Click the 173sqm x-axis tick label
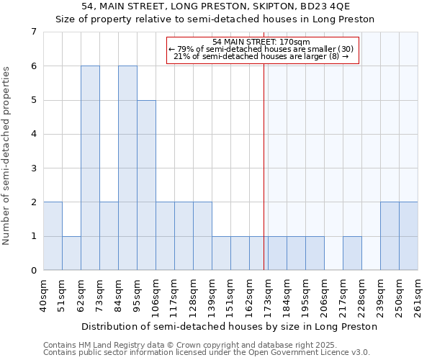[x=269, y=295]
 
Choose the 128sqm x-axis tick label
[x=194, y=295]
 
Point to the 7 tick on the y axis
[x=33, y=32]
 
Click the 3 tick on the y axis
[x=33, y=168]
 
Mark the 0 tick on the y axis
[x=33, y=271]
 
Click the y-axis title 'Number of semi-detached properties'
[x=7, y=156]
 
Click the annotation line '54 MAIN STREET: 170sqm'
[x=262, y=42]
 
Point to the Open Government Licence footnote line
[x=206, y=353]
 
